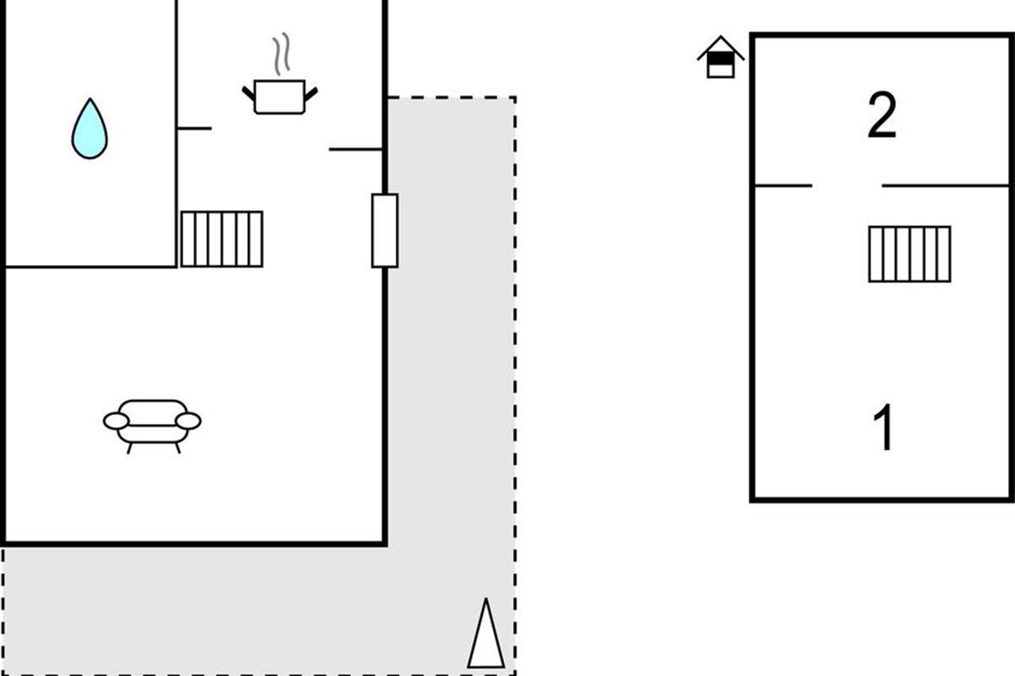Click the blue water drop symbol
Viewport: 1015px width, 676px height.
point(90,130)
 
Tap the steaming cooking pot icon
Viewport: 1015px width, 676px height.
point(279,95)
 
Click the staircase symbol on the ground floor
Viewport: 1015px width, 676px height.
point(222,239)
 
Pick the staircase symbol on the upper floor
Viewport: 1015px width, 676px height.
point(909,253)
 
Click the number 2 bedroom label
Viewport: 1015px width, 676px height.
point(881,117)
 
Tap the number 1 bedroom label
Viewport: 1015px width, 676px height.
point(883,428)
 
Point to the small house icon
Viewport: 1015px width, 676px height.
point(721,57)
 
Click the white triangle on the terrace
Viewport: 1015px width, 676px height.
point(486,635)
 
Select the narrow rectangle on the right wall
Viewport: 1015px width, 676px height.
point(385,230)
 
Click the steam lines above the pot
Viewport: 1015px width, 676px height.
point(281,54)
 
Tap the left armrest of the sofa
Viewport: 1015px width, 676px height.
point(116,421)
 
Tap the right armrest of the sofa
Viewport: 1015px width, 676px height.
point(189,421)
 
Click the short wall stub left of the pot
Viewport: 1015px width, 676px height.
point(195,128)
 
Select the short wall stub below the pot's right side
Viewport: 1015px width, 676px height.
point(355,150)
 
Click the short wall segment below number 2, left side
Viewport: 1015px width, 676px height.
point(782,186)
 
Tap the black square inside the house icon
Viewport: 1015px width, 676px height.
point(721,59)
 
